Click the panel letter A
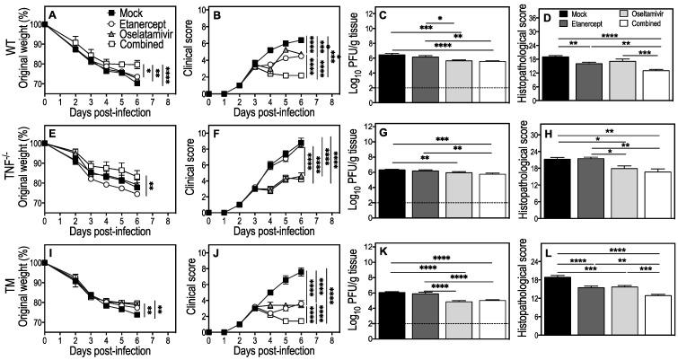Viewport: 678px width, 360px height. point(53,14)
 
